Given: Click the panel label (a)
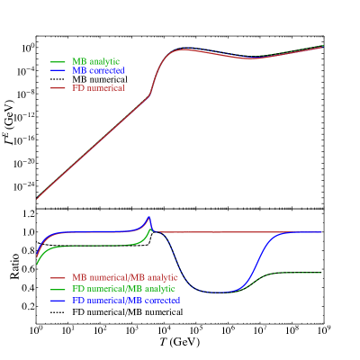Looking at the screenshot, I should click(x=42, y=43).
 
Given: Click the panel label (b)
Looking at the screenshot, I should click(x=42, y=216).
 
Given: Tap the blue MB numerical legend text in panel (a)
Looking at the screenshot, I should click(x=98, y=70).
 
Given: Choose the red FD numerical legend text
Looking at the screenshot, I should click(x=98, y=88).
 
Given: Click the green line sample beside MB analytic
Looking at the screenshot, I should click(x=58, y=61).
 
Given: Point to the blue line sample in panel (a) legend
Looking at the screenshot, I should click(x=58, y=70).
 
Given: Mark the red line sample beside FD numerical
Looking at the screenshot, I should click(x=58, y=88).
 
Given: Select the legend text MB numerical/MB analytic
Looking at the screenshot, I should click(x=125, y=277).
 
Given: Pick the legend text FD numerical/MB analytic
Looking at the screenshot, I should click(x=125, y=289).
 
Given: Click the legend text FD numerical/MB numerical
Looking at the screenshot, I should click(x=126, y=300).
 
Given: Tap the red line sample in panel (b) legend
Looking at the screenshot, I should click(x=58, y=277).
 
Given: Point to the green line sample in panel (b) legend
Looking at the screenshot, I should click(x=58, y=289).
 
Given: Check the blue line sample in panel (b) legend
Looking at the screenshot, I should click(x=58, y=300).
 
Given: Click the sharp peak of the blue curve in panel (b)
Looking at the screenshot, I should click(x=150, y=217).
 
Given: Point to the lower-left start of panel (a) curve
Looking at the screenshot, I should click(x=37, y=197).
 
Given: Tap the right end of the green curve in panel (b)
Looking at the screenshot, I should click(x=322, y=273).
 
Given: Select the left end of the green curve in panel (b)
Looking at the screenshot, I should click(x=37, y=264).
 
